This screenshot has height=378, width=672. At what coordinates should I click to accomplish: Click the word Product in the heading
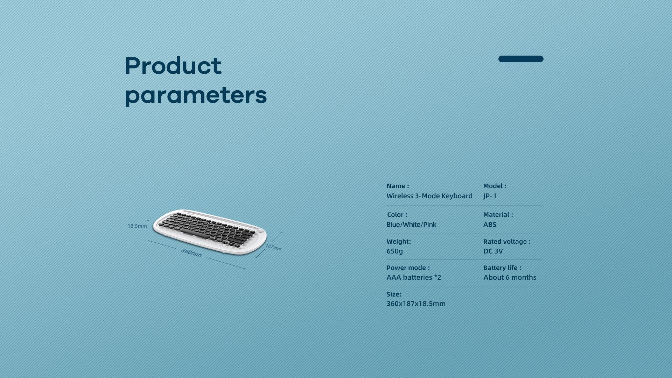click(173, 65)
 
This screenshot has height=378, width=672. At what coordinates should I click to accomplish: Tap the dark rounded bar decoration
click(521, 59)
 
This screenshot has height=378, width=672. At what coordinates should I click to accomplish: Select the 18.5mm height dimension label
click(137, 226)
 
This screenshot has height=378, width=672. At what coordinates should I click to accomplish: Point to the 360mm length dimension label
click(191, 252)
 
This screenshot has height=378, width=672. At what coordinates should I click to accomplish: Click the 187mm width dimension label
click(273, 247)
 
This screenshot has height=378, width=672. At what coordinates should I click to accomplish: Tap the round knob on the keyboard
click(260, 230)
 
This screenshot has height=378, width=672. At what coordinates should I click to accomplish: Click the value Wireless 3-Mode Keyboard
click(429, 196)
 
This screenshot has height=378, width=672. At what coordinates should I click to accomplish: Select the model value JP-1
click(490, 196)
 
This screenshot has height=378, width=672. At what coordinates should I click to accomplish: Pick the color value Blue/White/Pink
click(411, 224)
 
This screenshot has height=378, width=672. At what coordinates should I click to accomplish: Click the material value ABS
click(490, 224)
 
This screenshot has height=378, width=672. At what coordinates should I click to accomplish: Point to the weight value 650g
click(394, 251)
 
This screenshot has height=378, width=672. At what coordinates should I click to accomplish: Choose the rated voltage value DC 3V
click(493, 251)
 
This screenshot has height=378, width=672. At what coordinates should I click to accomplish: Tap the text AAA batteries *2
click(414, 277)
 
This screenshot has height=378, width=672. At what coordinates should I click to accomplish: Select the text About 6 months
click(510, 277)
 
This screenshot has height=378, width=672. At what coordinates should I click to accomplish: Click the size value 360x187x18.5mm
click(416, 304)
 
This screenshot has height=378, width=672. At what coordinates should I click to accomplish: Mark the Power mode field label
click(408, 268)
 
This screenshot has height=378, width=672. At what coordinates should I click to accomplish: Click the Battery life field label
click(502, 268)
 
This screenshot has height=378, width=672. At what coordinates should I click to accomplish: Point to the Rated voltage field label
click(507, 241)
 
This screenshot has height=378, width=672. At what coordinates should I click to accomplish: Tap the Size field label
click(394, 294)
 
